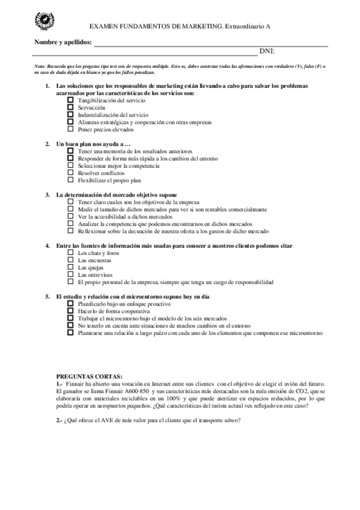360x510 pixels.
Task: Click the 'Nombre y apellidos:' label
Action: tap(63, 43)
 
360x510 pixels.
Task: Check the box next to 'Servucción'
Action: tap(70, 107)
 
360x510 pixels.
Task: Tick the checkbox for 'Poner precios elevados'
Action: tap(70, 129)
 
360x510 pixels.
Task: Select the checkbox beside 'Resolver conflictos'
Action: tap(70, 173)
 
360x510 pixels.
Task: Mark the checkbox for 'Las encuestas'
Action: tap(70, 260)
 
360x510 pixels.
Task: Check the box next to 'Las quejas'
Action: tap(70, 267)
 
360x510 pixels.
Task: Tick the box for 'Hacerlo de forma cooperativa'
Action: tap(70, 311)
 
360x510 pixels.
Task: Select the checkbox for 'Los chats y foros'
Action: tap(70, 253)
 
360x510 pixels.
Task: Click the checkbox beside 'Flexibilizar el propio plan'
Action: tap(70, 180)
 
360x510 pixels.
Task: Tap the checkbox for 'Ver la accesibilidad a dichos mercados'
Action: tap(70, 217)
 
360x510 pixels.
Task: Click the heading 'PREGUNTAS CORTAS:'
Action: tap(88, 375)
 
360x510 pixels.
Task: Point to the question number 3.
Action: tap(47, 195)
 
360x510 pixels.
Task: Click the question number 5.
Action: tap(47, 296)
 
